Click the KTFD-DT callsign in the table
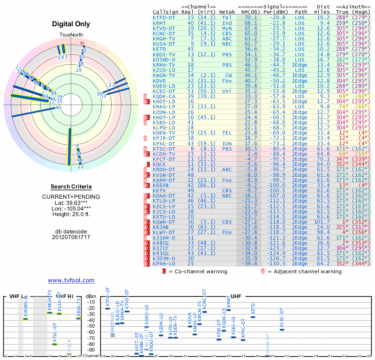(164, 17)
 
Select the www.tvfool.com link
(71, 280)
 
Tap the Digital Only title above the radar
(71, 24)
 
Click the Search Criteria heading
(71, 187)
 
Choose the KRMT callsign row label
(159, 22)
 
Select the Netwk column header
(227, 12)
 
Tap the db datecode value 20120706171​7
(71, 237)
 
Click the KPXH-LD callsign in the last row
(164, 263)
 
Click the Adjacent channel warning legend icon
(263, 271)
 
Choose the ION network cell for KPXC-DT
(227, 143)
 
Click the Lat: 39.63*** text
(71, 202)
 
